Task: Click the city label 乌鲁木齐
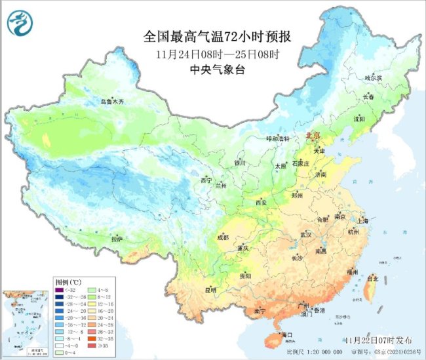[x=112, y=102]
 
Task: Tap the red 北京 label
[x=313, y=135]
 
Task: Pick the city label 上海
[x=364, y=221]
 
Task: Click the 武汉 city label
[x=306, y=234]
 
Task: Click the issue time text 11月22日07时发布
[x=379, y=340]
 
